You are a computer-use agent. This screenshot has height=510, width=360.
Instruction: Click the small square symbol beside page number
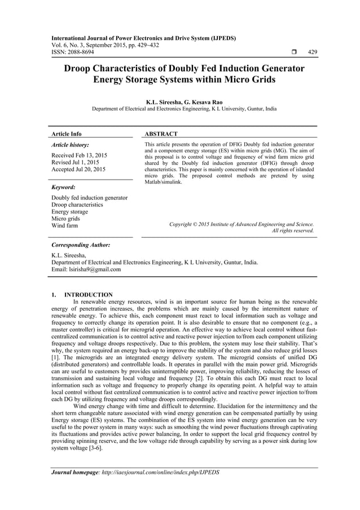tap(293, 52)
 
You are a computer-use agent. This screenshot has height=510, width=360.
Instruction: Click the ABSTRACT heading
tap(161, 134)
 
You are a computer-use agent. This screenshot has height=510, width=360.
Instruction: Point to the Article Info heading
tap(67, 134)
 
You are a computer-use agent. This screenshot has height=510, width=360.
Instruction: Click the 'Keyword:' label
tap(65, 186)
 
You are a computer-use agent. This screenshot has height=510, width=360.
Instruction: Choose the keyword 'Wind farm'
tap(65, 226)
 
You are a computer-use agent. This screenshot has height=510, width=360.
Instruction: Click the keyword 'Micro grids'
tap(67, 219)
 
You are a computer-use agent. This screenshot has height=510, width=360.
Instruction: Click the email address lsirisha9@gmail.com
tap(94, 269)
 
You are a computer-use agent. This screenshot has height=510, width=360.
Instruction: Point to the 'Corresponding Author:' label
tap(80, 246)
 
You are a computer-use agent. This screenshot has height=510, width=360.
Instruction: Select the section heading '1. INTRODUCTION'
tap(82, 295)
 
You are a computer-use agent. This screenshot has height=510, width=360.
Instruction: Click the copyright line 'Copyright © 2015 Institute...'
tap(242, 224)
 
